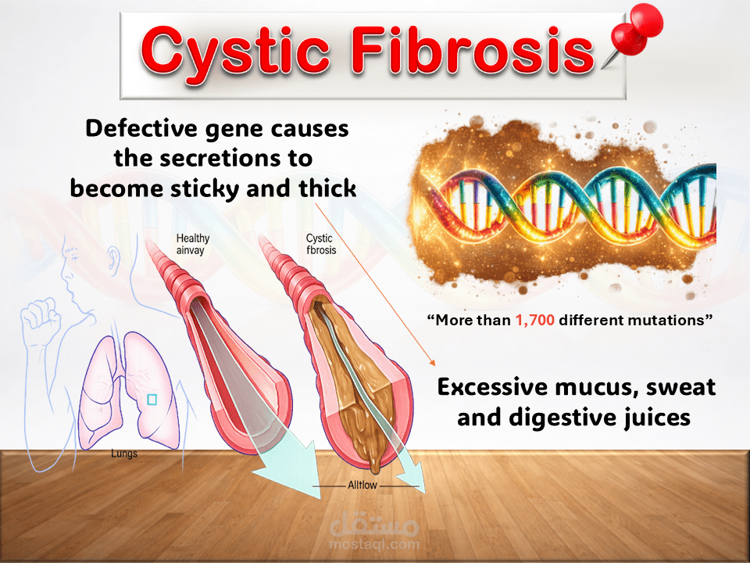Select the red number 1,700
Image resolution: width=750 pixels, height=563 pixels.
[534, 320]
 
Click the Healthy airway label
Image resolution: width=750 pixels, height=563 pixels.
[193, 244]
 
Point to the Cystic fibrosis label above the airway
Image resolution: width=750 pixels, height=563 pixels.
[321, 244]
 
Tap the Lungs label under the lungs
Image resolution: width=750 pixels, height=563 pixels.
[124, 454]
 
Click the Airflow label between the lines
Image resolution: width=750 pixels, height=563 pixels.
[362, 486]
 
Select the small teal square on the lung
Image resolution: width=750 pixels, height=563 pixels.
[152, 400]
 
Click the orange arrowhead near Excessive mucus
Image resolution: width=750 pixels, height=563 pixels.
[432, 362]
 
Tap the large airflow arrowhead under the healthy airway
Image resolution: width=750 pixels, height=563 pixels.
[291, 472]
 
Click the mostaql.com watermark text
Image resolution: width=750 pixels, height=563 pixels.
[374, 544]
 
